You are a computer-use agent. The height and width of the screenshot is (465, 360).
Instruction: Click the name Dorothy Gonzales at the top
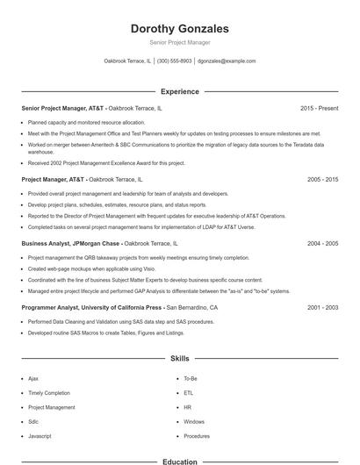click(179, 29)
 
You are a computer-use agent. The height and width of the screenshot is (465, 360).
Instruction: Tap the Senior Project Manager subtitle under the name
click(179, 42)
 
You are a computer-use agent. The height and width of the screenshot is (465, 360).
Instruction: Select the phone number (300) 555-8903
click(174, 61)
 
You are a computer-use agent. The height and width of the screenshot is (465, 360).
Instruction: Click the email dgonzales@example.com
click(227, 61)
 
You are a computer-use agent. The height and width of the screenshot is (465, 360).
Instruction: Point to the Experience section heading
click(179, 91)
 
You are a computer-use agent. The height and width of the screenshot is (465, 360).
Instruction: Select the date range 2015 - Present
click(319, 108)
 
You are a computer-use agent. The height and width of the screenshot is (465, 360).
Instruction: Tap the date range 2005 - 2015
click(322, 179)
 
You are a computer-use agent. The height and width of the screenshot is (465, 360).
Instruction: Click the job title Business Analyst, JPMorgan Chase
click(69, 243)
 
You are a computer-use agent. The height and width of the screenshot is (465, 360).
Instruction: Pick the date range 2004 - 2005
click(322, 243)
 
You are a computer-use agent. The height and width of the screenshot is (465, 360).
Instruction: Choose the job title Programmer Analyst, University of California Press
click(91, 308)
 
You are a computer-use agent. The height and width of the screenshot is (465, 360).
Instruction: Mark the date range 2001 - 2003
click(322, 308)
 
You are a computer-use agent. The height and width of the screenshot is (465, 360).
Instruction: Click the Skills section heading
click(179, 359)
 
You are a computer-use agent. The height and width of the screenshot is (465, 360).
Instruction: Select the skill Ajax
click(33, 378)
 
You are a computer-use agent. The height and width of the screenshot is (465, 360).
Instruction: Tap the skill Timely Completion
click(49, 393)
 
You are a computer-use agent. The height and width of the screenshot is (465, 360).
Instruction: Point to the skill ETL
click(189, 393)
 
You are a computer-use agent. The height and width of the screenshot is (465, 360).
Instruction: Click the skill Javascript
click(40, 436)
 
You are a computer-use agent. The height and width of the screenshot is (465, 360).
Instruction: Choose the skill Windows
click(194, 422)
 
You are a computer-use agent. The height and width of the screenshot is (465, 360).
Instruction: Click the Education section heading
click(179, 461)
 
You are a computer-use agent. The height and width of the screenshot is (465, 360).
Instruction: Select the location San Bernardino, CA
click(192, 308)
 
